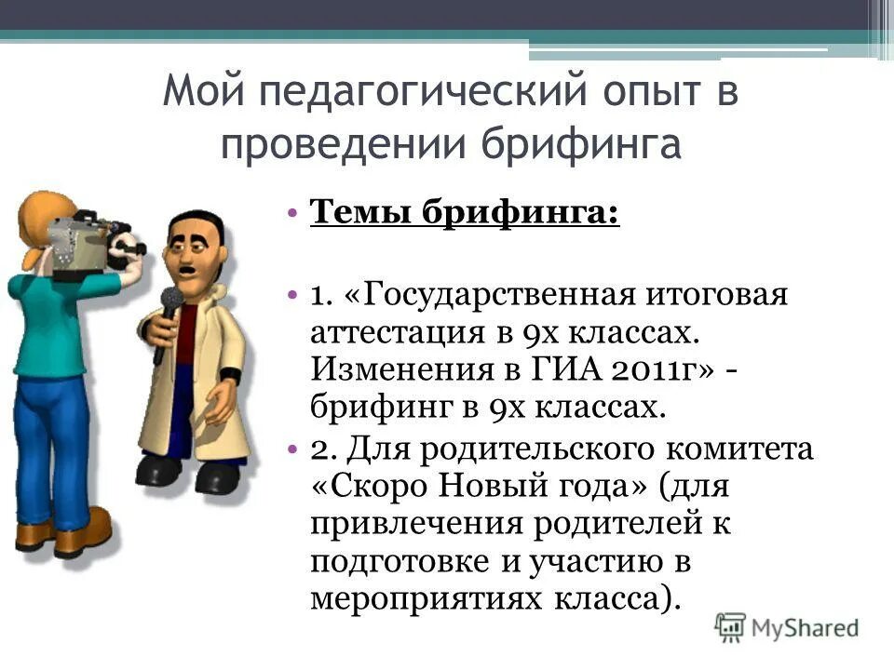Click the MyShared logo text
[805, 627]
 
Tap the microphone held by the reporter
[169, 303]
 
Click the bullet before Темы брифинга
[292, 212]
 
